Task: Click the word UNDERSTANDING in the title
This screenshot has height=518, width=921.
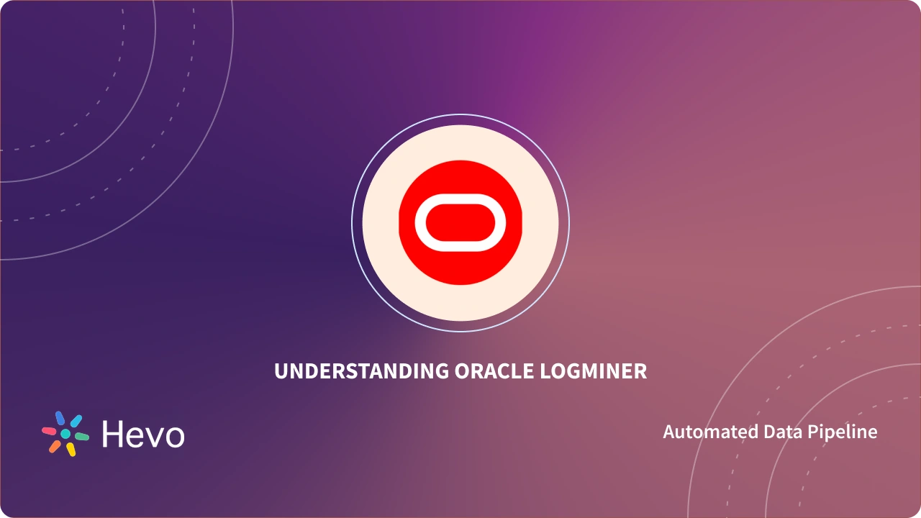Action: pyautogui.click(x=362, y=371)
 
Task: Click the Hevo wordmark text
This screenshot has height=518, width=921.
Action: pyautogui.click(x=143, y=434)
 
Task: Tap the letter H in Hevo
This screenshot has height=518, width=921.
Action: pyautogui.click(x=112, y=434)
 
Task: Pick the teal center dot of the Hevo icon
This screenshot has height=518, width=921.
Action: pyautogui.click(x=65, y=434)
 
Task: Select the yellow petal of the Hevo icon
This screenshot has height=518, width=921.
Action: pyautogui.click(x=71, y=450)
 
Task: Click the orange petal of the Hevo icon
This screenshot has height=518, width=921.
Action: pyautogui.click(x=55, y=446)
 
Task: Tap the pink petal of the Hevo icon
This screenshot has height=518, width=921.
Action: pyautogui.click(x=49, y=431)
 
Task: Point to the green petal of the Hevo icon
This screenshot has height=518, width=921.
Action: pyautogui.click(x=82, y=437)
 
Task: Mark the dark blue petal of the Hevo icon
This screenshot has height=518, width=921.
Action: pyautogui.click(x=60, y=419)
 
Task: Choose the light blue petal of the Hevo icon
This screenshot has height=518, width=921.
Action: pyautogui.click(x=76, y=421)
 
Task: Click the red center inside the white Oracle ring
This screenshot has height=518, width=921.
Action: pyautogui.click(x=460, y=222)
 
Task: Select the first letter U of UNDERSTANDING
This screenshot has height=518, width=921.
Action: pyautogui.click(x=280, y=371)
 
